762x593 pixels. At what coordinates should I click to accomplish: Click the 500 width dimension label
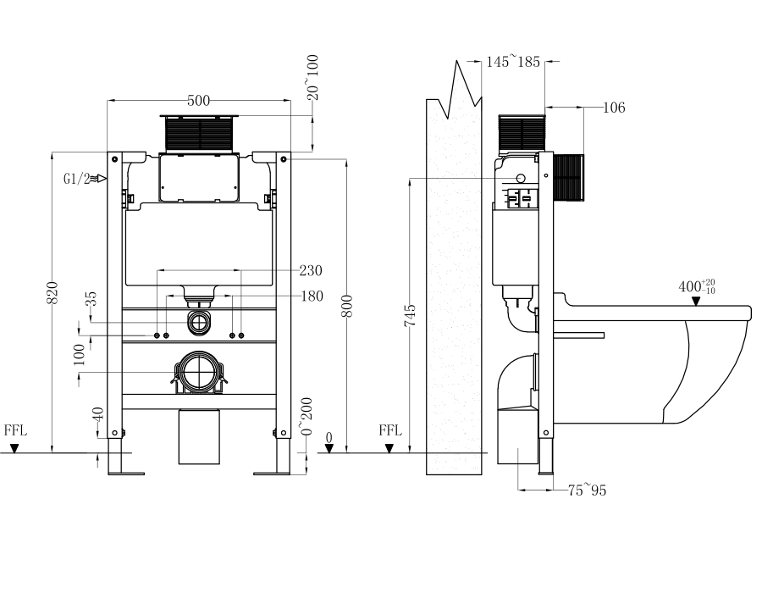(198, 101)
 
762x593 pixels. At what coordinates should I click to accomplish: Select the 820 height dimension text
(52, 292)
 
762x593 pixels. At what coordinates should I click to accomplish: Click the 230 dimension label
(311, 271)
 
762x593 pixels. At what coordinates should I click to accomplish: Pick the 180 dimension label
(311, 296)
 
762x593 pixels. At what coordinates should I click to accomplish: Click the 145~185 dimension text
(514, 61)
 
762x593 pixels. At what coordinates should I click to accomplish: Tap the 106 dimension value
(614, 108)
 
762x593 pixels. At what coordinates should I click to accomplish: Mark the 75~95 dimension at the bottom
(587, 490)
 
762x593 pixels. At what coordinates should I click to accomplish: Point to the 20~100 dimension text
(313, 78)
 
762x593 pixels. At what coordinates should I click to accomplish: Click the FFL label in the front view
(15, 430)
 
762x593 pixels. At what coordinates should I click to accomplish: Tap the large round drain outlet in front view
(200, 373)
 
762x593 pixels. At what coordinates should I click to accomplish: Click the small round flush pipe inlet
(200, 322)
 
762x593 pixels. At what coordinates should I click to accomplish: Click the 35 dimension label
(91, 301)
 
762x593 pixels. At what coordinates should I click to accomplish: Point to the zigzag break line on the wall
(461, 85)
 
